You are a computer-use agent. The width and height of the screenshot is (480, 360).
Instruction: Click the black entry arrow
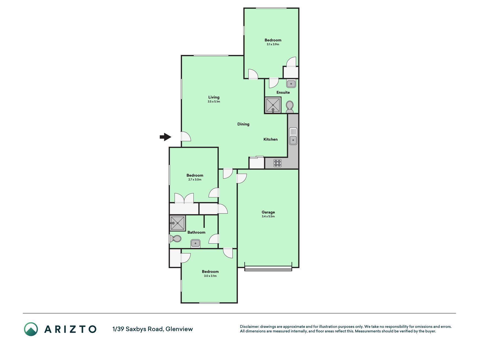166,137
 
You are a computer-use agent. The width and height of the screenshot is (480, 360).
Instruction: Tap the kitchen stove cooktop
278,163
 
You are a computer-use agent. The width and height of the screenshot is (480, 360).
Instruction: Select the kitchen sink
293,136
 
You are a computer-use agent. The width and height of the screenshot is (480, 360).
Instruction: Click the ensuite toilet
290,107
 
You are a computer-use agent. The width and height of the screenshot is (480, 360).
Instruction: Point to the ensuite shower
273,105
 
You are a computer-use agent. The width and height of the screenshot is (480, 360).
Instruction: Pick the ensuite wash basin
291,84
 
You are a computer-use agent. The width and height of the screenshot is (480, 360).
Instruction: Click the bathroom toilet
175,239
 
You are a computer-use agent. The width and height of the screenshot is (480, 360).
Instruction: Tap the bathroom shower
177,223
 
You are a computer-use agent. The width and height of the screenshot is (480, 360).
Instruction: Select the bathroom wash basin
195,243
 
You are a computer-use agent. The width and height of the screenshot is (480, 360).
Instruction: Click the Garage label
268,212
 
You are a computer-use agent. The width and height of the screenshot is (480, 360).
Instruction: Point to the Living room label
214,97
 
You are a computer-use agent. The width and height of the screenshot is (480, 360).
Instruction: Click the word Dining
243,124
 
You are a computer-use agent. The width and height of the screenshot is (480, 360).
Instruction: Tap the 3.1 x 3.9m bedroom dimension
273,44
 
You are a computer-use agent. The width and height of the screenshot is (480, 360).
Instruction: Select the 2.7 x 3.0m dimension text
195,179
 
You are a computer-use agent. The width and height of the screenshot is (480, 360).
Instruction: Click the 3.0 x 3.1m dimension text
210,276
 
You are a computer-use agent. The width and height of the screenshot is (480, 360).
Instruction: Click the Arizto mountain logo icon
31,329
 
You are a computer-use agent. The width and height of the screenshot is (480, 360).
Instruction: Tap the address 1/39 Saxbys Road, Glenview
153,329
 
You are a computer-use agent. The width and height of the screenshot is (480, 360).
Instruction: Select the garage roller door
268,269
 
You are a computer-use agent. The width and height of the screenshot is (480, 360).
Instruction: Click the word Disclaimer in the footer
249,327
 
